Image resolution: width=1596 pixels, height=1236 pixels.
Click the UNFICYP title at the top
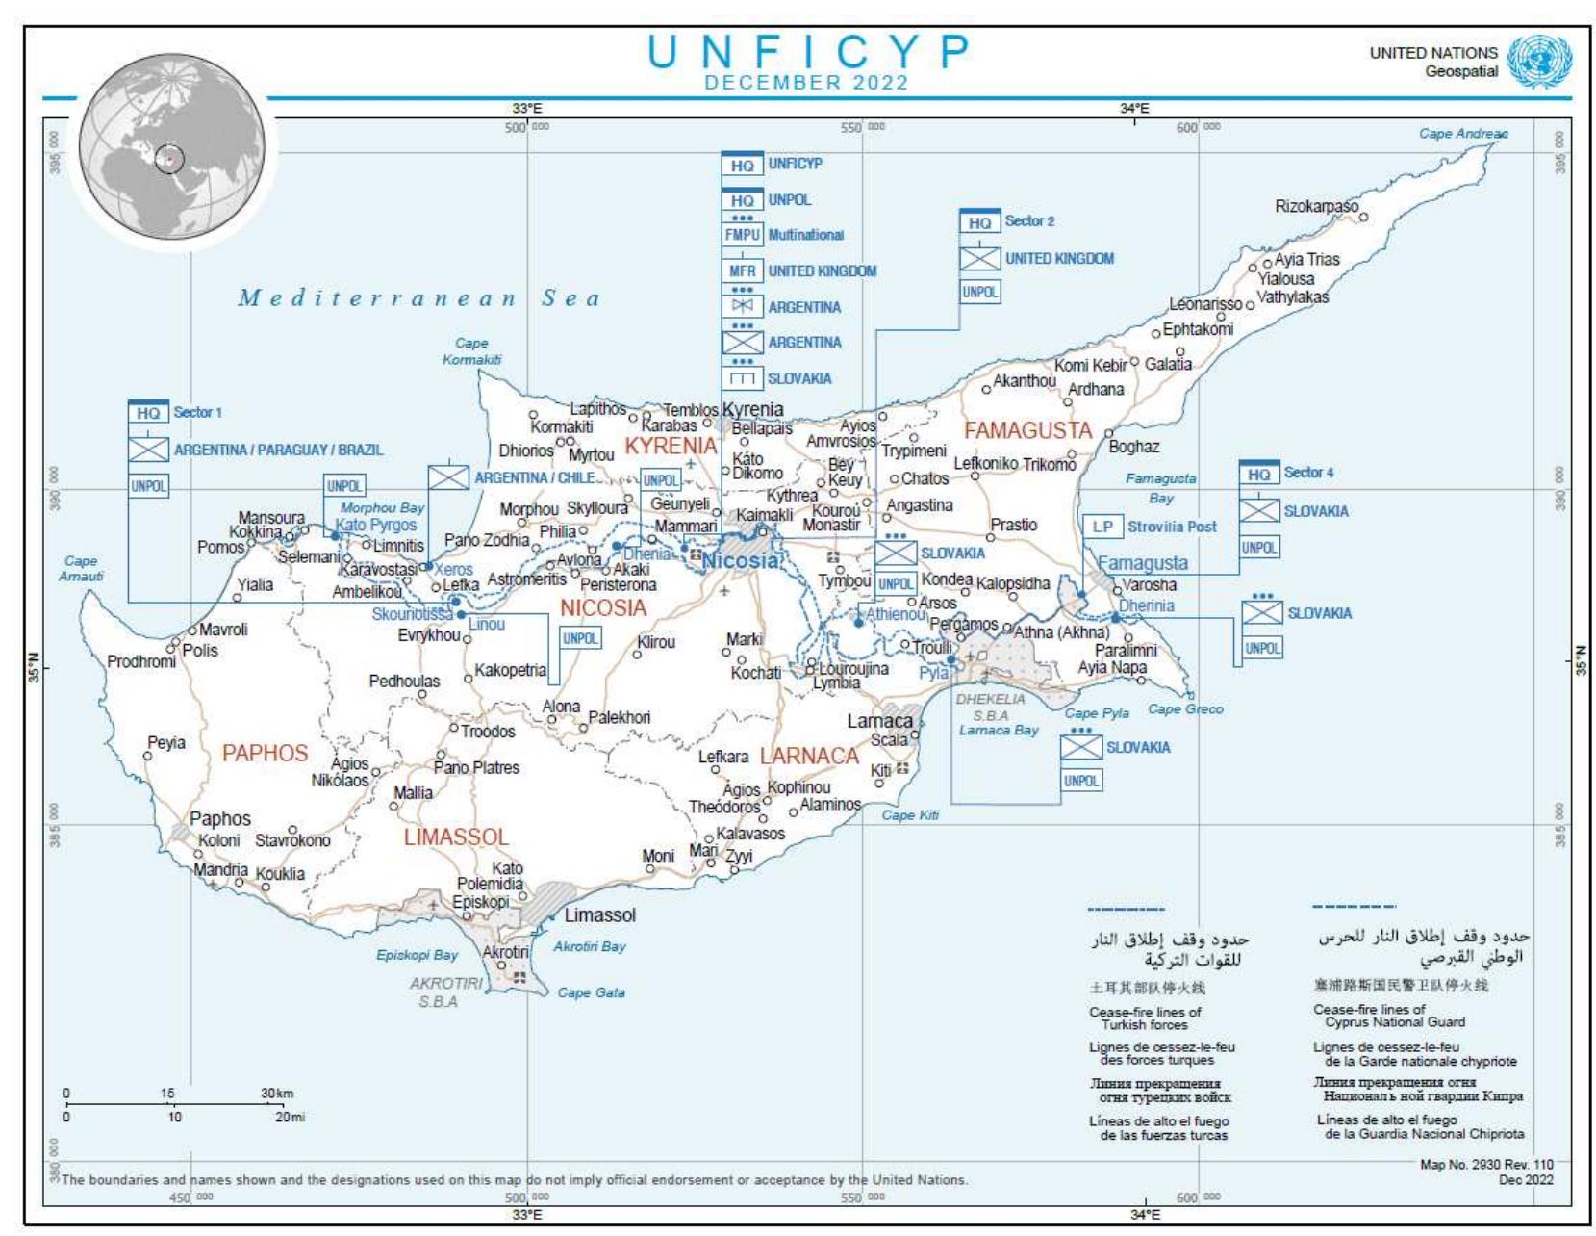pos(807,52)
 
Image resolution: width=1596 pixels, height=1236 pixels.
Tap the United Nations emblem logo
pos(1538,62)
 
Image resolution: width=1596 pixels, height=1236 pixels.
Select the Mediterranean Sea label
pos(419,298)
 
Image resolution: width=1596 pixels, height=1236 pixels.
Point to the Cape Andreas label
pos(1462,134)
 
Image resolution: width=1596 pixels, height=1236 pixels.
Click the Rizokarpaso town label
pos(1315,206)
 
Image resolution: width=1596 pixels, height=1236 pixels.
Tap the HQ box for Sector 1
pos(148,413)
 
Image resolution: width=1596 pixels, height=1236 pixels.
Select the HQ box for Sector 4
pos(1258,474)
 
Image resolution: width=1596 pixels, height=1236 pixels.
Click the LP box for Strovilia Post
pos(1102,527)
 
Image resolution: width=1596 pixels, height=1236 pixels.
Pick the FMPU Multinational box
pos(742,235)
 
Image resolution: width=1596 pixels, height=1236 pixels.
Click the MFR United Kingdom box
pos(742,271)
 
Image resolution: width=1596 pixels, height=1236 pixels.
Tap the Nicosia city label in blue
pos(740,560)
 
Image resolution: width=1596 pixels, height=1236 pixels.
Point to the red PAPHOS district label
pos(265,753)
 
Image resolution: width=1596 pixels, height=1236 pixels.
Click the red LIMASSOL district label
pos(455,837)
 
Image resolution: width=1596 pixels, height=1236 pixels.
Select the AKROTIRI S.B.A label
pos(446,991)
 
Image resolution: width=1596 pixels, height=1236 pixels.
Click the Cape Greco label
pos(1185,709)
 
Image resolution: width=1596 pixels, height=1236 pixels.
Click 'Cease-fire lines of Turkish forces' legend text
pos(1144,1018)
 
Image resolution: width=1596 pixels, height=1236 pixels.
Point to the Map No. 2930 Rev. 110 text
pos(1485,1165)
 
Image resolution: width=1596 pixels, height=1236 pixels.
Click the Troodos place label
pos(487,732)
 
